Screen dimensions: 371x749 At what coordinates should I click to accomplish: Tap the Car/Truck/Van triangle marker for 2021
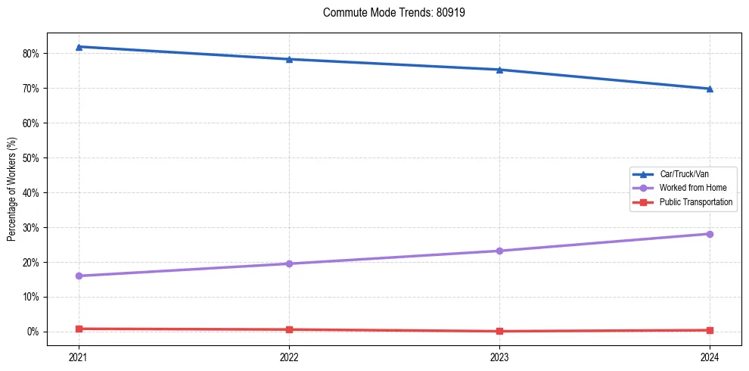(x=79, y=47)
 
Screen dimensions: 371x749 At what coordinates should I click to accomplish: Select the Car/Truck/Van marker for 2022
(x=289, y=59)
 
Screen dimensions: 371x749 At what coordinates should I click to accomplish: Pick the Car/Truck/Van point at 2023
(x=499, y=70)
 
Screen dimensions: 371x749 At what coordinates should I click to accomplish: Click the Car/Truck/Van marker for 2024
(x=710, y=89)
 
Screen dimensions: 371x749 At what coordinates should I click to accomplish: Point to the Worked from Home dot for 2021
(x=79, y=276)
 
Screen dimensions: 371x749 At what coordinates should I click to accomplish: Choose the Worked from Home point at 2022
(x=289, y=263)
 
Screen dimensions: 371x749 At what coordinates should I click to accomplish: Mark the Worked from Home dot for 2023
(x=499, y=251)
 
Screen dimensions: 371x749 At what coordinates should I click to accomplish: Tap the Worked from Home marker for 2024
(x=710, y=234)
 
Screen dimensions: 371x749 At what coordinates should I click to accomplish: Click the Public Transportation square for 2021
(x=79, y=329)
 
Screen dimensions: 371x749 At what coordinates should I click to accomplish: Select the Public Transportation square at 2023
(x=499, y=331)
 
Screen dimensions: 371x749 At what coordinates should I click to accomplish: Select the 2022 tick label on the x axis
(x=289, y=357)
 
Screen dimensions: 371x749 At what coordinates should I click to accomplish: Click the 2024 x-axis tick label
(x=710, y=357)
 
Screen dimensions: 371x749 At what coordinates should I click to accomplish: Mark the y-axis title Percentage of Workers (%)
(x=12, y=189)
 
